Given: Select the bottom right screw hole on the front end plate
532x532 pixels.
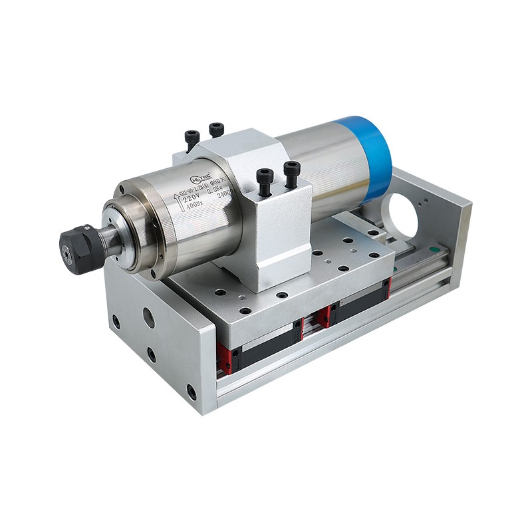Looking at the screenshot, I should [x=192, y=392].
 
